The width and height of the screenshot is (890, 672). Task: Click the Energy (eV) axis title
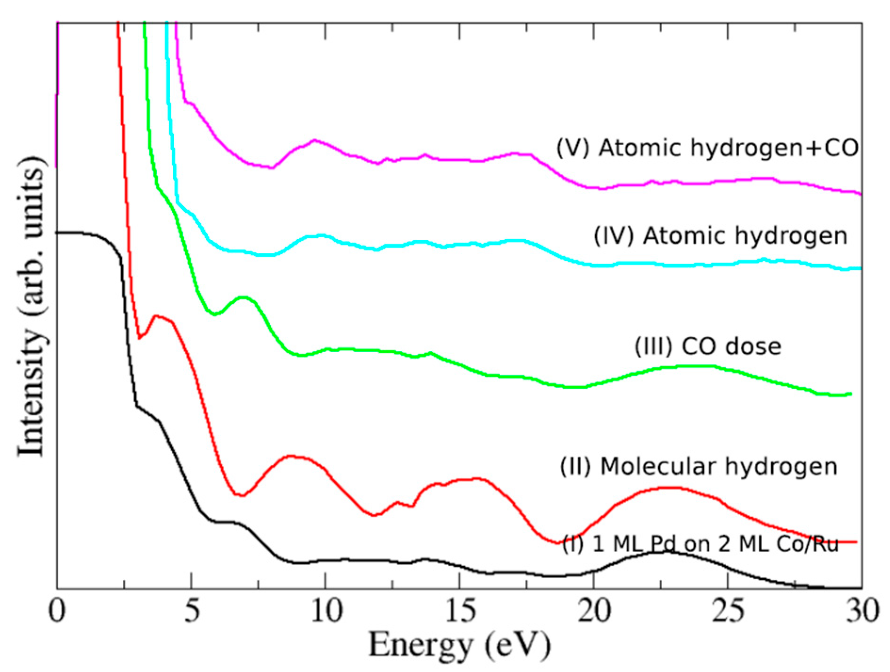[460, 645]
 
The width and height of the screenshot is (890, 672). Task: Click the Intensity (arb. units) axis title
[32, 306]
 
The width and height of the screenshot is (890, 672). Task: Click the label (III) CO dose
[708, 347]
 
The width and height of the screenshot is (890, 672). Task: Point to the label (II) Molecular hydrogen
[699, 467]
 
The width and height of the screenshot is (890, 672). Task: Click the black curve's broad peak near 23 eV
[666, 552]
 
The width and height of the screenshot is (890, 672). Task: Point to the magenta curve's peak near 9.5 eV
[314, 140]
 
